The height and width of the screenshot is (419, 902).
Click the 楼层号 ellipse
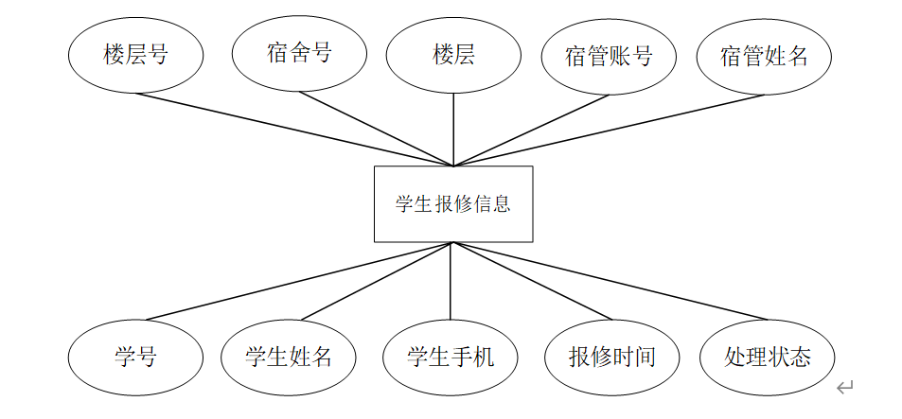(135, 55)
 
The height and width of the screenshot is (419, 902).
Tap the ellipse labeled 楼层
(453, 55)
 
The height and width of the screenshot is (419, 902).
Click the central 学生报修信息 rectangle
(453, 203)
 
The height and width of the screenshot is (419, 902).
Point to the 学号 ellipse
(135, 357)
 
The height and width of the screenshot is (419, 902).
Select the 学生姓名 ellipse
(289, 357)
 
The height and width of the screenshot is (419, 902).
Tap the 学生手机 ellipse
(451, 357)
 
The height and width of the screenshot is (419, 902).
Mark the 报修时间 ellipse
(612, 357)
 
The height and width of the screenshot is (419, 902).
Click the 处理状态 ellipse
(768, 357)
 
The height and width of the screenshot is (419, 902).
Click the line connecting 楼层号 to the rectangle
(294, 129)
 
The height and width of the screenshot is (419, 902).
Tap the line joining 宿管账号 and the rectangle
(531, 130)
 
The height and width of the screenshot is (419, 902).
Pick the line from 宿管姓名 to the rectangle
(609, 130)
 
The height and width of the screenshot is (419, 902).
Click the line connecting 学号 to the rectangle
(301, 281)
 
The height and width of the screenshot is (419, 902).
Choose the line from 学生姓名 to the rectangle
(377, 281)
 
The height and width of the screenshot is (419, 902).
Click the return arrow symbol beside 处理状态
(845, 387)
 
